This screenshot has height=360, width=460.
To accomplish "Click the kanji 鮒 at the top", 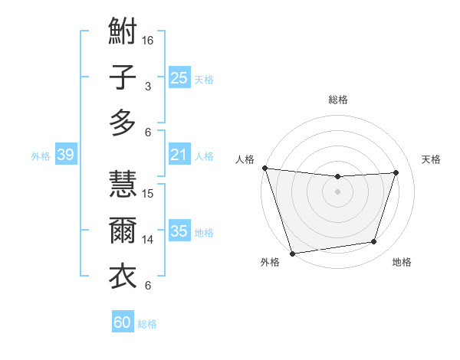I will pos(123,33).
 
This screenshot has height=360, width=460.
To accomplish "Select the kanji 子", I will pos(123,77).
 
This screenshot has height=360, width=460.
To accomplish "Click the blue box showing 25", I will pos(179,78).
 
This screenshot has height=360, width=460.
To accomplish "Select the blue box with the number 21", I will pos(179,155).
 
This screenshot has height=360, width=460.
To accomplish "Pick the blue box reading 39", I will pos(65,155).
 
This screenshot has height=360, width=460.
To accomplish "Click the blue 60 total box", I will pos(123,322).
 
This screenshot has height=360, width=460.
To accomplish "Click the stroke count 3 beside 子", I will pos(148,87).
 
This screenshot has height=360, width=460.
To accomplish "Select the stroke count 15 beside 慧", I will pos(149,193).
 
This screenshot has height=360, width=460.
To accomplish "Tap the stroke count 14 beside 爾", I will pos(149,240).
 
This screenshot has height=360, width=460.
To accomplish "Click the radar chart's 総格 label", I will pos(337,100).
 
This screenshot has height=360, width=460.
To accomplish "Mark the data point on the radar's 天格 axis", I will pos(396,172).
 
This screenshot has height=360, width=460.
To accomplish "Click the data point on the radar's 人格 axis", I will pos(264,168).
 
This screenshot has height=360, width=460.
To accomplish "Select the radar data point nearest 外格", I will pos(292,253).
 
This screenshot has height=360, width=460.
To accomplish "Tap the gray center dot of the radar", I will pos(337,191).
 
